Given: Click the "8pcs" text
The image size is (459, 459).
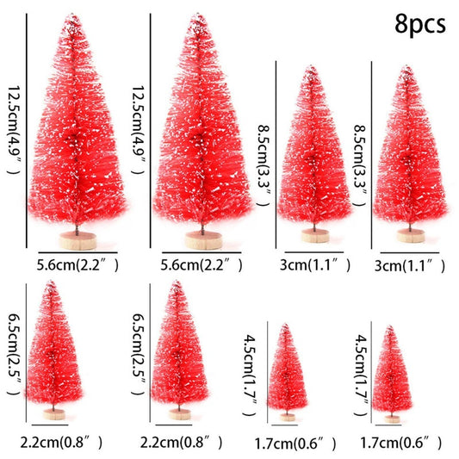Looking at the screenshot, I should point(421,22).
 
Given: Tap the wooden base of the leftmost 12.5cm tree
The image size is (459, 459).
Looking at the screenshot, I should point(74,239).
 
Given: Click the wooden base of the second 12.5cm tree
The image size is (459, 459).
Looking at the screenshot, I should point(202,239).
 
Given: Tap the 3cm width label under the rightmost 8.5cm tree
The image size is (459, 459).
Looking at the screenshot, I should point(411,266).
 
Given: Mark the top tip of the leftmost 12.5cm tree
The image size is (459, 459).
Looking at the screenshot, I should point(71,16).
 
